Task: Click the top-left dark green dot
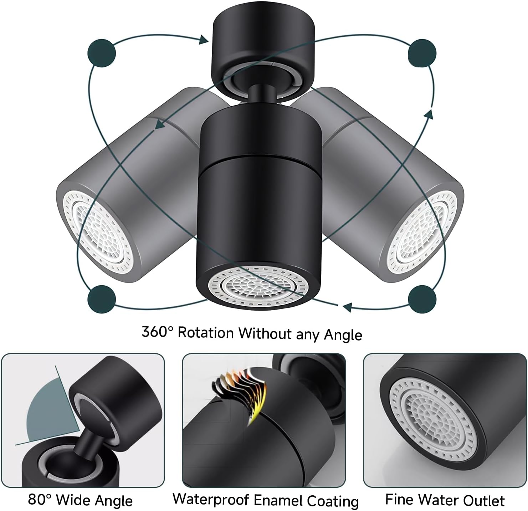click(102, 53)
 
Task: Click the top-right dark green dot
click(422, 53)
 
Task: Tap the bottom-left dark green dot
click(102, 299)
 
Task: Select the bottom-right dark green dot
click(422, 299)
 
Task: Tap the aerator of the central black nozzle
click(258, 288)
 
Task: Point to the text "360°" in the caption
click(157, 332)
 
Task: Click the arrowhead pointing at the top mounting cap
click(204, 40)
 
